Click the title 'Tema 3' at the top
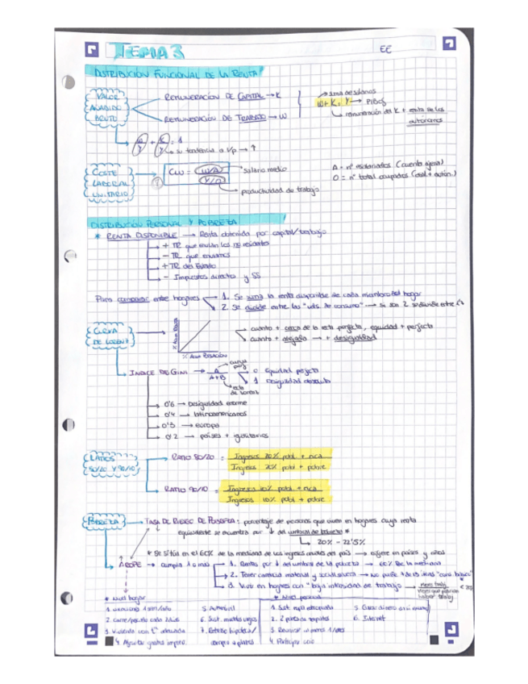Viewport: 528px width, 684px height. tap(149, 52)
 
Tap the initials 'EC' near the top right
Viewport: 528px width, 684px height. tap(385, 50)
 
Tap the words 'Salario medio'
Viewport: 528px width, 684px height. tap(270, 169)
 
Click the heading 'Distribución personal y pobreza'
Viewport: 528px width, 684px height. tap(165, 220)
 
